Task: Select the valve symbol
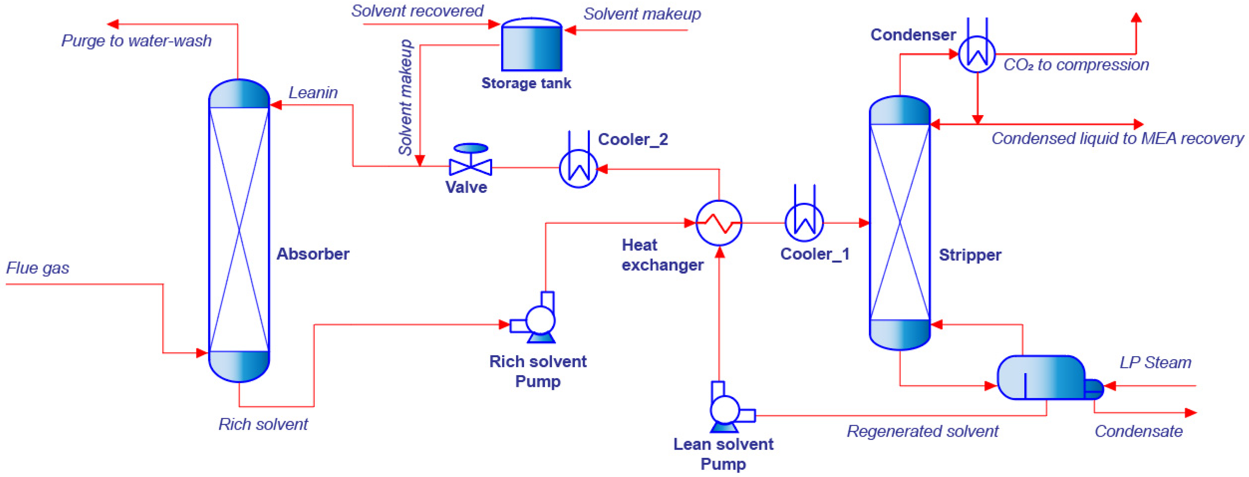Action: coord(470,162)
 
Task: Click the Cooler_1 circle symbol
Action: coord(804,223)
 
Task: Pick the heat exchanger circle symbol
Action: coord(719,223)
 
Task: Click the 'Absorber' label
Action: coord(313,254)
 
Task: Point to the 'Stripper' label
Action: coord(970,255)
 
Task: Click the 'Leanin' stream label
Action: coord(313,93)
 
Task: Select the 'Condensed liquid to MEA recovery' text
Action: coord(1117,139)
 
